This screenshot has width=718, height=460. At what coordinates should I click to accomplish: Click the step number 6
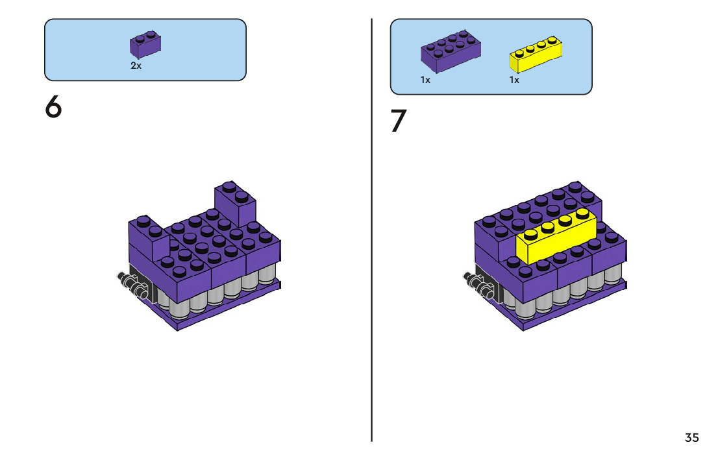click(x=53, y=108)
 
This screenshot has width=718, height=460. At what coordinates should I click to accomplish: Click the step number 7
click(x=399, y=122)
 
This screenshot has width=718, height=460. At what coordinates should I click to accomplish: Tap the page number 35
click(x=691, y=438)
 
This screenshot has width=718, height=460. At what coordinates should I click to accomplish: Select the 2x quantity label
click(x=136, y=66)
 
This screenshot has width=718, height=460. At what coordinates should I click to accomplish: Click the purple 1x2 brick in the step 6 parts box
click(x=145, y=44)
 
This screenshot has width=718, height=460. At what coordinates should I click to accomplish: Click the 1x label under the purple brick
click(x=425, y=80)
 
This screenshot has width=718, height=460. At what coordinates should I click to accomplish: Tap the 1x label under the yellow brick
click(x=514, y=80)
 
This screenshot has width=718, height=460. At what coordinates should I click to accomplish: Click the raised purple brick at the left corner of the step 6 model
click(x=148, y=239)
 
